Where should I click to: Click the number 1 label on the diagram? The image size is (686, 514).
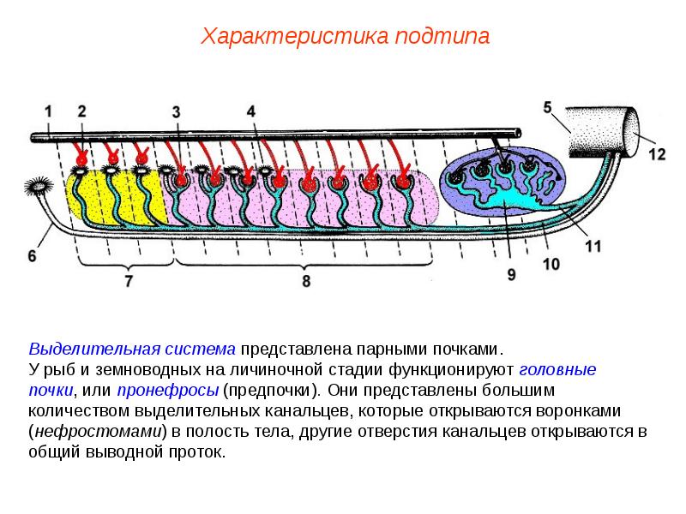[x=49, y=111]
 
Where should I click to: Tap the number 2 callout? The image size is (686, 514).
[x=81, y=111]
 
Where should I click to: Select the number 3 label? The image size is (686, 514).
[x=176, y=111]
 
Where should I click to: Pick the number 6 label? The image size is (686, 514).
[x=32, y=256]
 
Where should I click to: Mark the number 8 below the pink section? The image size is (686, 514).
[x=306, y=280]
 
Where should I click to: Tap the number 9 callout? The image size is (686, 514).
[x=512, y=274]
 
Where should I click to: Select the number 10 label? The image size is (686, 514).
[x=551, y=263]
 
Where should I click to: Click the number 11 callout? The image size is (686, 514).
[x=593, y=246]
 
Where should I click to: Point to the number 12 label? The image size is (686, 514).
[x=656, y=154]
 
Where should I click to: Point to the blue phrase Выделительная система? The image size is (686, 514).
[x=132, y=350]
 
